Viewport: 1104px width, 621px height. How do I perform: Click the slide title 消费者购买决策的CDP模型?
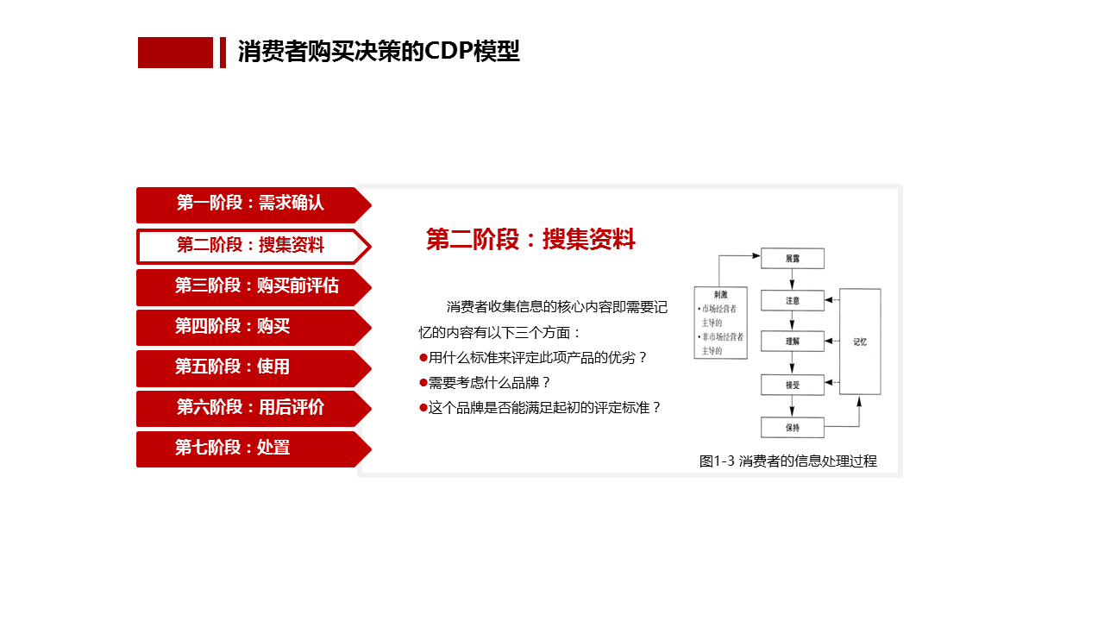tap(379, 52)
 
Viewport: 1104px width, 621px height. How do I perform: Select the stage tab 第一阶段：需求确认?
tap(250, 204)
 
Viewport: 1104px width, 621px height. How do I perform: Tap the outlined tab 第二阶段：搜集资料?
tap(250, 246)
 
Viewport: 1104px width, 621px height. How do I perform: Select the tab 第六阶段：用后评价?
tap(250, 408)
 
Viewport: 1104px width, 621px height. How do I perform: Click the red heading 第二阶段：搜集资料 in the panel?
tap(530, 240)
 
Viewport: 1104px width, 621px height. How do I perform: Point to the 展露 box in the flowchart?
tap(792, 259)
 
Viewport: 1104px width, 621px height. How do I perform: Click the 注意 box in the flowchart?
tap(792, 300)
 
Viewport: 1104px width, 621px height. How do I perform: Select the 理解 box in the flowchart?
tap(792, 342)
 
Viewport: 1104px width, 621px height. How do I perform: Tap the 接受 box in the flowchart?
tap(792, 385)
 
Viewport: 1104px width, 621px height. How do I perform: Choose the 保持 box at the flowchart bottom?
tap(792, 427)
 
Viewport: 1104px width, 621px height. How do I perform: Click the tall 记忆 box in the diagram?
tap(860, 342)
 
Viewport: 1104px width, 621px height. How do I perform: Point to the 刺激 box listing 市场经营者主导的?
tap(720, 323)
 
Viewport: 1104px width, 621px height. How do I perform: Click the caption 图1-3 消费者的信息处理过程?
tap(787, 461)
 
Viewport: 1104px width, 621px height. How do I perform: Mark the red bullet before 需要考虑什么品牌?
tap(423, 382)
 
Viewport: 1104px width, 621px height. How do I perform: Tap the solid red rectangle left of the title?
tap(175, 53)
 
